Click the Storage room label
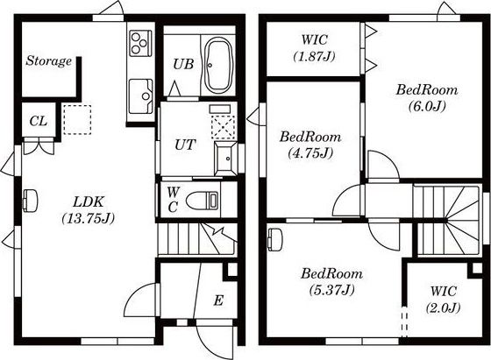pos(48,60)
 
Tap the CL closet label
pos(39,121)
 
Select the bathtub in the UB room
pos(218,65)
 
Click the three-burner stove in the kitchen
pos(140,43)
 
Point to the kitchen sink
pos(141,96)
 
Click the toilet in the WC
pos(202,201)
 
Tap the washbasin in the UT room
pos(226,159)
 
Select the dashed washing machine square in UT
pos(223,127)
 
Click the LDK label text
pos(88,202)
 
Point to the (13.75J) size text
pos(88,218)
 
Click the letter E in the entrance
pos(218,300)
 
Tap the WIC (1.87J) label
pos(315,48)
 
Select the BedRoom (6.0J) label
pos(427,98)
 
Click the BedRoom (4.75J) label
pos(310,145)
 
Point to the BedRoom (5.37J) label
pos(332,282)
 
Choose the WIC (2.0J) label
pos(443,300)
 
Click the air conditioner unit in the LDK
pos(30,201)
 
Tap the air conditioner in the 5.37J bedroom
pos(275,239)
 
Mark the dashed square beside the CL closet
pos(77,120)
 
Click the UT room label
pos(185,145)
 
